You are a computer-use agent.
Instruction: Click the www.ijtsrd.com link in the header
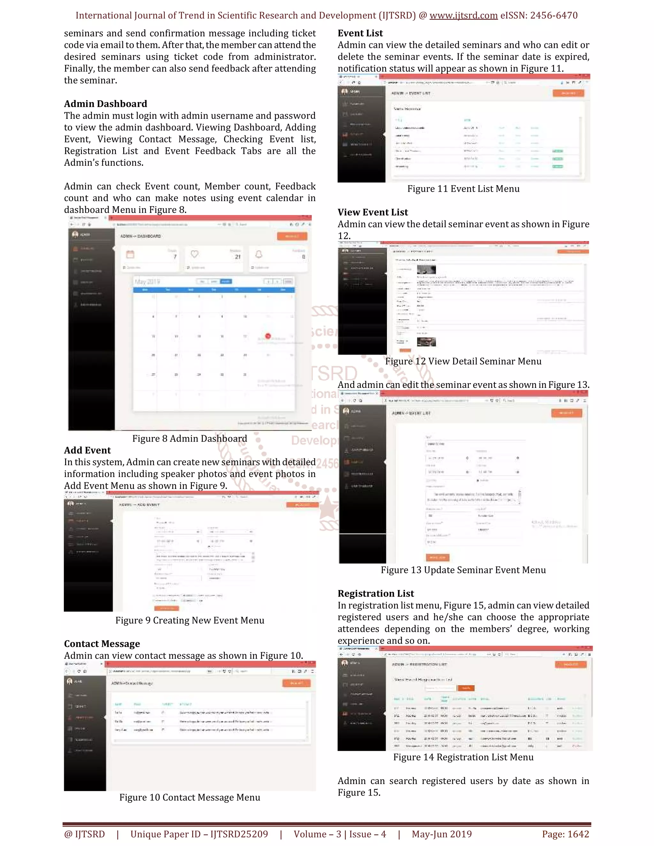[463, 16]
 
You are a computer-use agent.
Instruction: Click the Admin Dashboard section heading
[105, 104]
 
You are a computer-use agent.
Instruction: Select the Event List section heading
[360, 33]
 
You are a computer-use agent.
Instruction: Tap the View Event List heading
[372, 212]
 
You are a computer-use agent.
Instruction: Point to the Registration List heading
[376, 593]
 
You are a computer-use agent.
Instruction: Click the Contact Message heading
[102, 644]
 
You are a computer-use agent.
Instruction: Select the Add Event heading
[87, 450]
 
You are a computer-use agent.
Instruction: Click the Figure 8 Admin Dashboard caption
[189, 439]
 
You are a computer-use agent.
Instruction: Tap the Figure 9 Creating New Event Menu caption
[189, 621]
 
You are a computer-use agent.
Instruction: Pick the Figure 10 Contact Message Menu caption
[189, 797]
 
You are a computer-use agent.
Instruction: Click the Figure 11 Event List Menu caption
[463, 189]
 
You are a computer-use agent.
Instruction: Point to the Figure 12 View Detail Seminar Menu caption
[463, 361]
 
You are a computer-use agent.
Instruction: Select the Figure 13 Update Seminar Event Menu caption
[463, 570]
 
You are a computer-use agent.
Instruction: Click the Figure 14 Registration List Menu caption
[463, 757]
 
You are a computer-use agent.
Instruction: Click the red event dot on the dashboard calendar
[268, 336]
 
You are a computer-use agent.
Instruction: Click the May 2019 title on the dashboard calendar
[147, 281]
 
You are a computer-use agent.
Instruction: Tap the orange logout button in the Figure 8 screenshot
[292, 236]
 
